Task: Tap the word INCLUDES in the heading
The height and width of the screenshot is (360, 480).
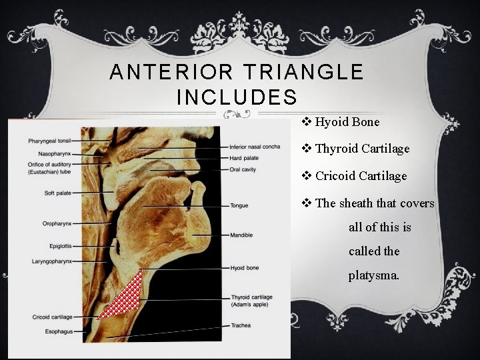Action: (237, 97)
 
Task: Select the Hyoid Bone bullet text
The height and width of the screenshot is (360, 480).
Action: (347, 122)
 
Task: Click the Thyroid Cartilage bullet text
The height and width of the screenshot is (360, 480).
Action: (362, 149)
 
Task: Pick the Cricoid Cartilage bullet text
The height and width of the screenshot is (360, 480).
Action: (361, 176)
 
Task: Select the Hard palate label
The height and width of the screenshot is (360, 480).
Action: (244, 158)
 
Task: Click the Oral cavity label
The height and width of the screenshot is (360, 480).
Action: (243, 169)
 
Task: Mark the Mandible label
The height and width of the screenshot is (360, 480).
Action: (241, 235)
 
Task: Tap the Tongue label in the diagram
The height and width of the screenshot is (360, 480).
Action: (239, 205)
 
